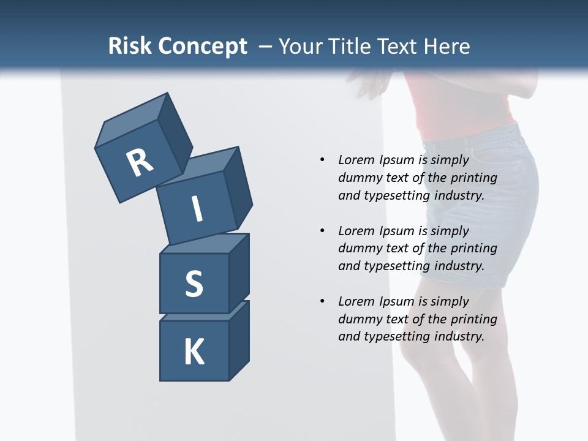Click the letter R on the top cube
(140, 163)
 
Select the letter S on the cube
(194, 284)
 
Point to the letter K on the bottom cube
(194, 352)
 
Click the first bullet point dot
(322, 160)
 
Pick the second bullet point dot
(322, 231)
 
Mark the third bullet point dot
(322, 301)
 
